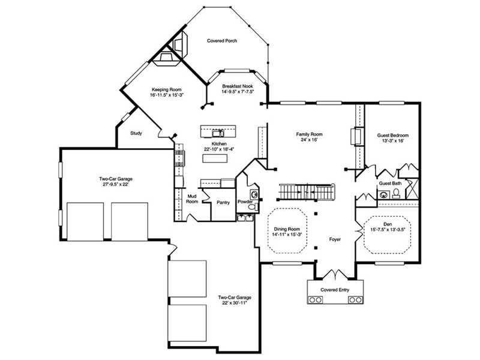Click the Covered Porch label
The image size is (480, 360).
(222, 41)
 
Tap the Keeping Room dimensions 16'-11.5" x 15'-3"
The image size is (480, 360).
(167, 95)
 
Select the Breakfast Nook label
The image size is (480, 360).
(238, 86)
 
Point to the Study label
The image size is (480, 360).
(136, 133)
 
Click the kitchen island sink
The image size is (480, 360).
(218, 133)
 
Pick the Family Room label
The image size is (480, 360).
(309, 134)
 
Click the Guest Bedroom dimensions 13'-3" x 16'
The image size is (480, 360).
(393, 141)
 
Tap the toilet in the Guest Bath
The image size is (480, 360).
(396, 194)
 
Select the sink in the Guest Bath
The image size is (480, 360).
(383, 194)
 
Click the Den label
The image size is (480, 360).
(388, 224)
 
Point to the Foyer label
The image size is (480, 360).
(335, 239)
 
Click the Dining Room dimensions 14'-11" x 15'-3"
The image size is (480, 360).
(287, 235)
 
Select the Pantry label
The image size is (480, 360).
(223, 202)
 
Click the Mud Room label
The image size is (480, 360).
(192, 199)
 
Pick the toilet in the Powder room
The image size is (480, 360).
(253, 207)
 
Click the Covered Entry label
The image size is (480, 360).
(335, 290)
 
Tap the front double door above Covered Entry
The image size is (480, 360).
(336, 274)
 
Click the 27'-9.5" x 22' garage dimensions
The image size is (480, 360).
(116, 184)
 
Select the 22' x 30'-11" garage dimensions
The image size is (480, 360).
(235, 303)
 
